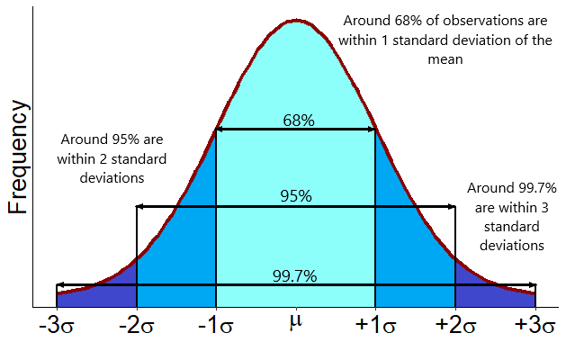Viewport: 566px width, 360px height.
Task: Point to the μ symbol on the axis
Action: click(296, 319)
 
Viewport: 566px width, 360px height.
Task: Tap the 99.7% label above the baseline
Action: click(295, 276)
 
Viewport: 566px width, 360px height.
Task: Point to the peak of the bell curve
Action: click(295, 20)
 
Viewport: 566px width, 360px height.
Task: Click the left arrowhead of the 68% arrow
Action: click(220, 130)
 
